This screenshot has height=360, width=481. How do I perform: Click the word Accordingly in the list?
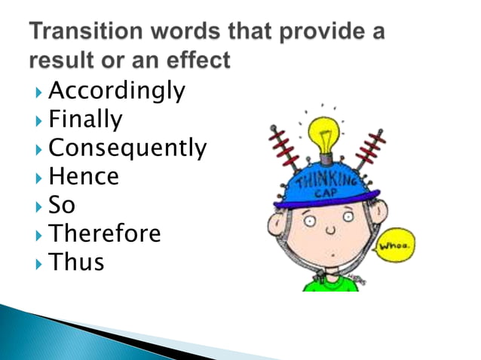[116, 91]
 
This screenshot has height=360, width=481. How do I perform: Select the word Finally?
[84, 119]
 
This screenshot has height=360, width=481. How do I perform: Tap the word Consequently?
[127, 148]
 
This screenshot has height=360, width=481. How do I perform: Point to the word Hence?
[84, 176]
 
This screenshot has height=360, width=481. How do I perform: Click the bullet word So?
[62, 205]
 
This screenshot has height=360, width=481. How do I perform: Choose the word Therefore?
[104, 233]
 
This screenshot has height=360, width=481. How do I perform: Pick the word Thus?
[76, 262]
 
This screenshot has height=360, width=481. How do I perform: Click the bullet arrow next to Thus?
[38, 264]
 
